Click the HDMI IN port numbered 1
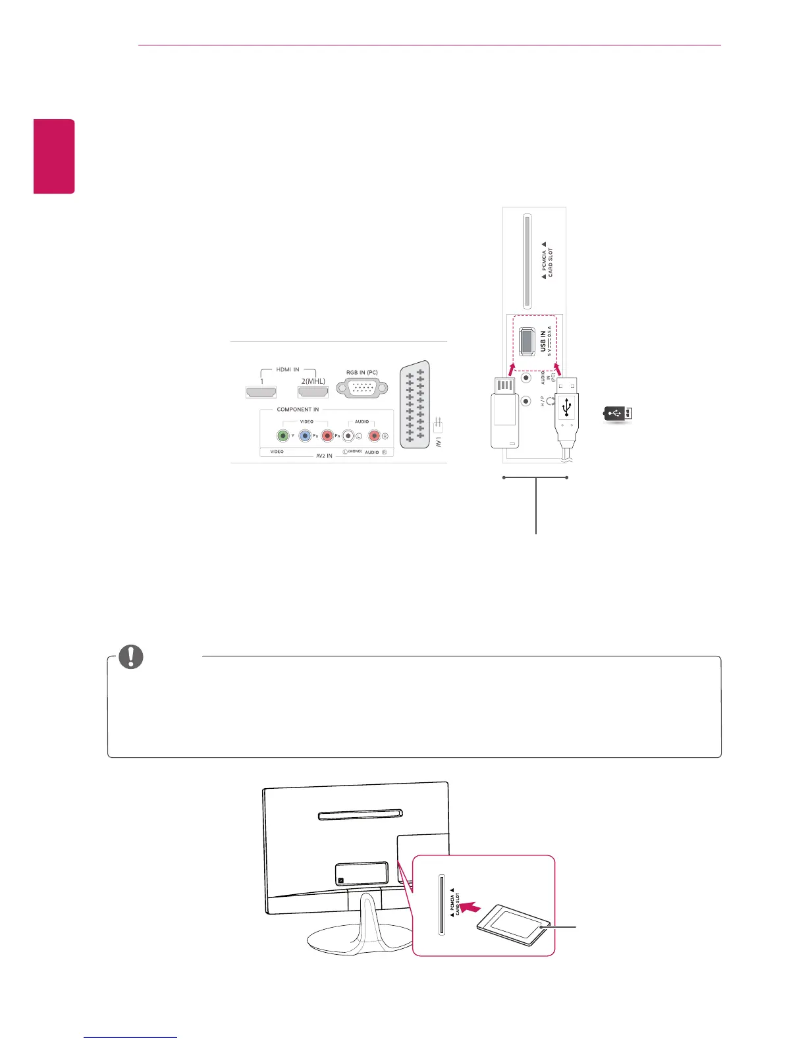coord(261,392)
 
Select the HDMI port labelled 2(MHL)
coord(313,392)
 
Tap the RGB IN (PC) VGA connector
coord(362,388)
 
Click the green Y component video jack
coord(283,435)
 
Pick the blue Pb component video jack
coord(305,435)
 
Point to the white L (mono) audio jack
coord(348,435)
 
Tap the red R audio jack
coord(374,435)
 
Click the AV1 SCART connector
coord(414,405)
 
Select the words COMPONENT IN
coord(298,410)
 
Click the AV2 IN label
coord(324,456)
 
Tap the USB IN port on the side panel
coord(527,341)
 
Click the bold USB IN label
coord(543,341)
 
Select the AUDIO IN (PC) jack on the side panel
coord(525,378)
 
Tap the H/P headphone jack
coord(525,401)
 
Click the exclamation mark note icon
coord(131,656)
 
